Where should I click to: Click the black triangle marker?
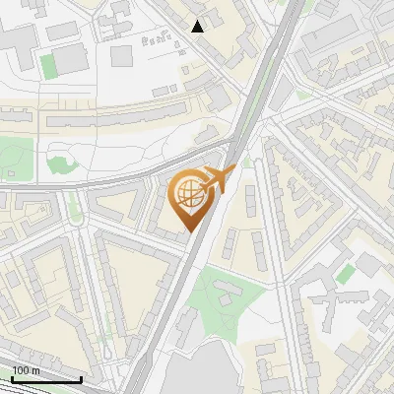[x=198, y=26]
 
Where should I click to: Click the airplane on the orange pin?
[x=219, y=179]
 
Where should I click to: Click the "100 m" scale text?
[x=27, y=370]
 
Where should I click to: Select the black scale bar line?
[x=46, y=379]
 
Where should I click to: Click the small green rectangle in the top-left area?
[x=48, y=66]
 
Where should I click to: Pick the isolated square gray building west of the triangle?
[x=121, y=55]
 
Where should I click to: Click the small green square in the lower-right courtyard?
[x=345, y=273]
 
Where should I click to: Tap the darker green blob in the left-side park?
[x=59, y=165]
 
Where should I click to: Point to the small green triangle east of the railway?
[x=248, y=158]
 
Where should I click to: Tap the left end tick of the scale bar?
[x=12, y=379]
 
